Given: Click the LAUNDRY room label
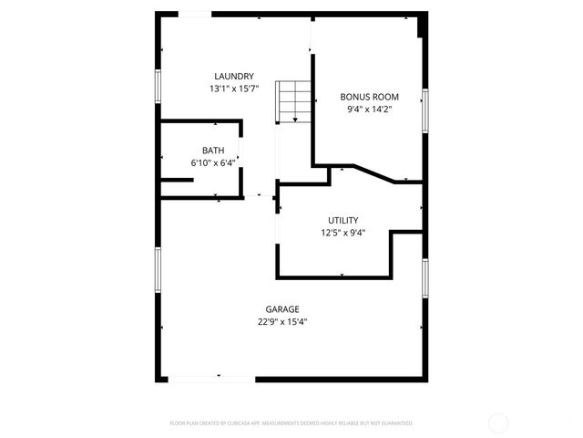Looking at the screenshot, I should click(x=234, y=76).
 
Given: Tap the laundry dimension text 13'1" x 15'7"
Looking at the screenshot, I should click(x=234, y=89).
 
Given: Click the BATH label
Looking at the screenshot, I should click(x=213, y=151).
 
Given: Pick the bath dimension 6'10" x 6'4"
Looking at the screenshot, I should click(x=213, y=162).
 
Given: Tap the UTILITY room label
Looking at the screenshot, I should click(x=343, y=220).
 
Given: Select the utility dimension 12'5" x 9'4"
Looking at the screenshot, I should click(x=343, y=233).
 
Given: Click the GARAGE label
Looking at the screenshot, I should click(x=282, y=309).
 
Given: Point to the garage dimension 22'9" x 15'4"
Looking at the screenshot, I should click(x=282, y=321).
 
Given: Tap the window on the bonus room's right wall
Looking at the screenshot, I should click(x=424, y=111).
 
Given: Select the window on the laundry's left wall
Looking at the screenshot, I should click(x=159, y=87).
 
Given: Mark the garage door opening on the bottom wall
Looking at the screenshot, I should click(x=212, y=379).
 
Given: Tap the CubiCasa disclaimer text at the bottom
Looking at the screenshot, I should click(x=291, y=423).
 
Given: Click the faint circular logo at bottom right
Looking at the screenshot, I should click(x=498, y=422).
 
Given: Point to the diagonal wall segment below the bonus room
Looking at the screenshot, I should click(x=374, y=173).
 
